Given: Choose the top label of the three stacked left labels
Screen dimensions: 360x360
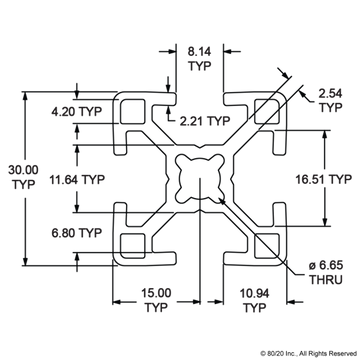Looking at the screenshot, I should coord(75,112).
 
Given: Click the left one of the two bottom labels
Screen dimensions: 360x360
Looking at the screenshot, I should coord(152,298).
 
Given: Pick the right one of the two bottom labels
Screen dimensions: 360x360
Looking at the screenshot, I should coord(249,298).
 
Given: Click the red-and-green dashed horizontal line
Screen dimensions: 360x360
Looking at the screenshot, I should coord(70,92).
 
